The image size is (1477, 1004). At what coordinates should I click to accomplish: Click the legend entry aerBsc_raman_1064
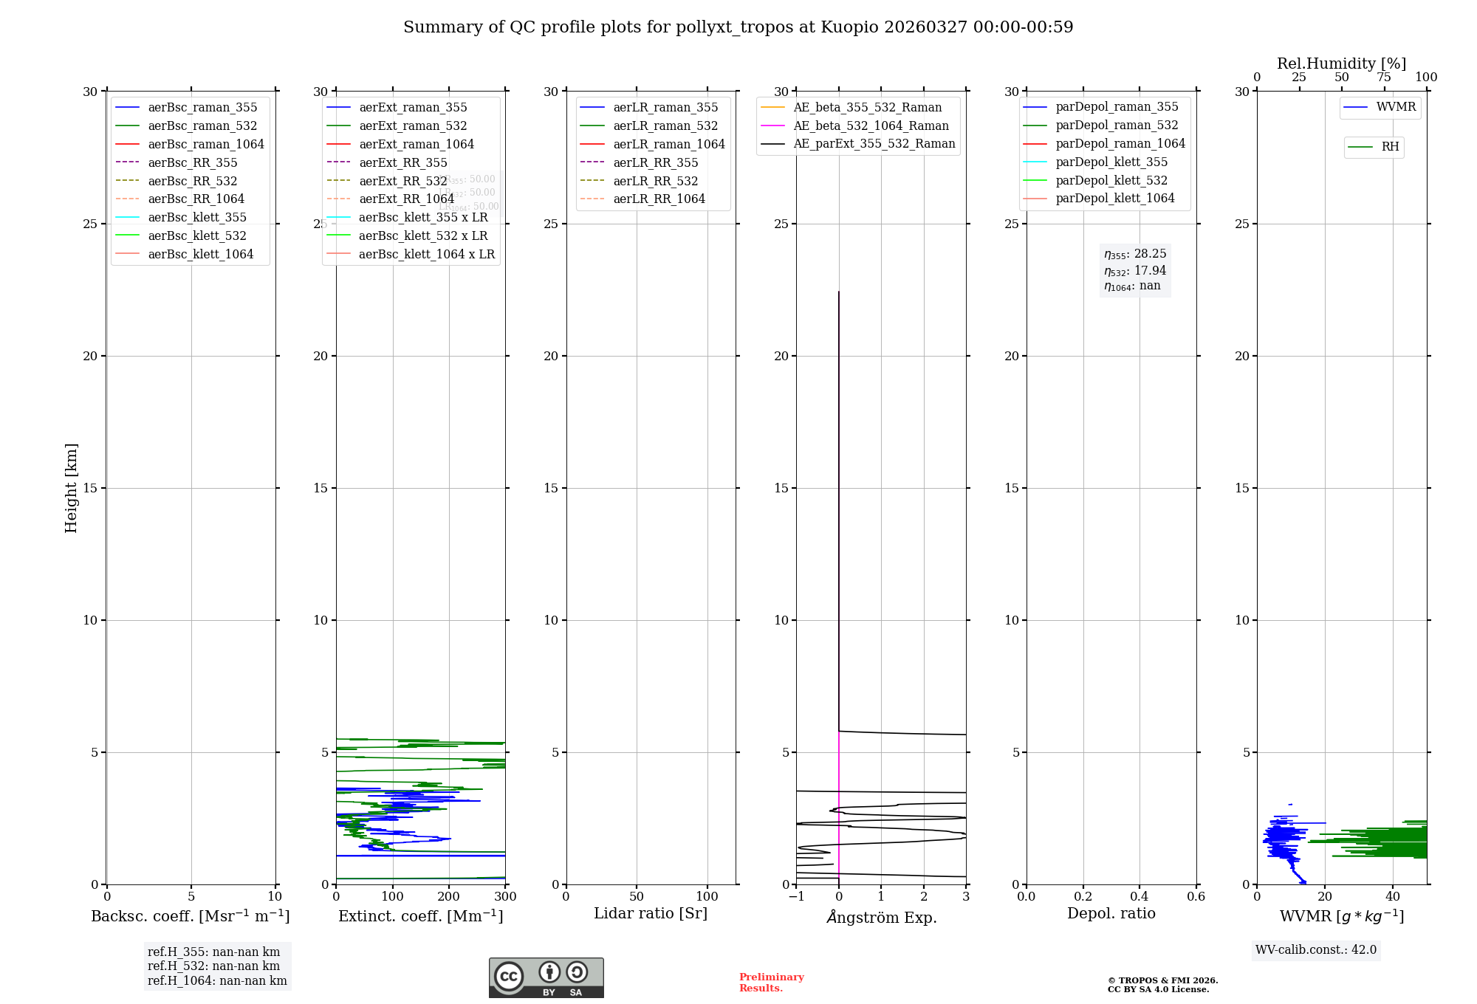(x=205, y=144)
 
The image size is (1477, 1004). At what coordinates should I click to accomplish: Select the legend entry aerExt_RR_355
(x=402, y=162)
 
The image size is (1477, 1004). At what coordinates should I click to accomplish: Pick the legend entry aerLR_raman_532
(x=665, y=125)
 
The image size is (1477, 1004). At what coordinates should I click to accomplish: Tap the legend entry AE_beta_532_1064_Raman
(x=871, y=125)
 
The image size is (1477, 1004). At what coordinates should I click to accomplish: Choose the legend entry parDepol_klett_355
(x=1111, y=162)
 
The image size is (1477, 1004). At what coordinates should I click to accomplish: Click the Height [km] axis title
(x=71, y=487)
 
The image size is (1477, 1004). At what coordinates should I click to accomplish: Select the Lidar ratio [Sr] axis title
(x=651, y=913)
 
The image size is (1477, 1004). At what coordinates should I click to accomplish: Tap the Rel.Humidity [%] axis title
(x=1341, y=63)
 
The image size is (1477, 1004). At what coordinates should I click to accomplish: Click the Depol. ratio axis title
(x=1111, y=913)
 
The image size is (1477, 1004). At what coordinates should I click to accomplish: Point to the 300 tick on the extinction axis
(x=505, y=897)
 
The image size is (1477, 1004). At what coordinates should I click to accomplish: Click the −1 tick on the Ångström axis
(x=796, y=897)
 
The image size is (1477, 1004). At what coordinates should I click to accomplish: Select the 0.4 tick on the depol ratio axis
(x=1140, y=897)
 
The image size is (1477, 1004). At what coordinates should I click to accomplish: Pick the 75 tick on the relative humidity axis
(x=1384, y=78)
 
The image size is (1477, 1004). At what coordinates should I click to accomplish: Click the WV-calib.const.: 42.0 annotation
(x=1316, y=949)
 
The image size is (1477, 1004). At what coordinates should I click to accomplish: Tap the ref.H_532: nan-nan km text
(x=213, y=966)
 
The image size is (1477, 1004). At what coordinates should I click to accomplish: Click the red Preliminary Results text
(x=771, y=982)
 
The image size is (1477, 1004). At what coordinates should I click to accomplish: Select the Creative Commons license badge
(x=546, y=977)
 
